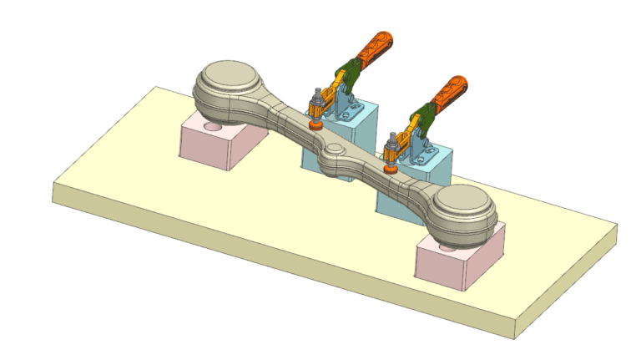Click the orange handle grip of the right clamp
pyautogui.click(x=451, y=92)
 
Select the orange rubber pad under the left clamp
pyautogui.click(x=317, y=124)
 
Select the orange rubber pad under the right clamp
pyautogui.click(x=390, y=166)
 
